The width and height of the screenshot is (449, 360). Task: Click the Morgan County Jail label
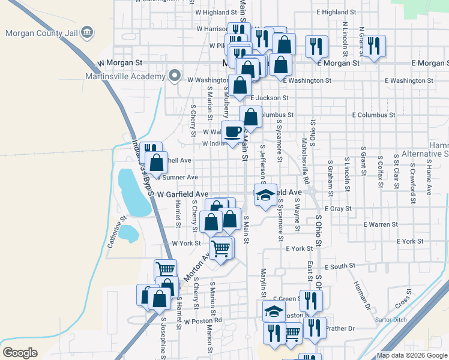(x=41, y=32)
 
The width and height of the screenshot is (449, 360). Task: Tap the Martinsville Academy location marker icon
(x=175, y=76)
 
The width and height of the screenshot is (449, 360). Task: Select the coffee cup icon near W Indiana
(x=232, y=130)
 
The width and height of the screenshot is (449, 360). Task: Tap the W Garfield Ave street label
(x=182, y=194)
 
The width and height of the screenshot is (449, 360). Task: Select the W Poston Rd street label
(x=203, y=320)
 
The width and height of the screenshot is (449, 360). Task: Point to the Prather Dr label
(x=343, y=328)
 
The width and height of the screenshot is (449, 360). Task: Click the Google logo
(x=20, y=353)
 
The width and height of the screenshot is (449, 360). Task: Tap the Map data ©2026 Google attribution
(x=412, y=356)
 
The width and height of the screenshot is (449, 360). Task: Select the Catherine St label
(x=117, y=234)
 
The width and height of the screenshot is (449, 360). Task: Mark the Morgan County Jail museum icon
(x=86, y=32)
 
